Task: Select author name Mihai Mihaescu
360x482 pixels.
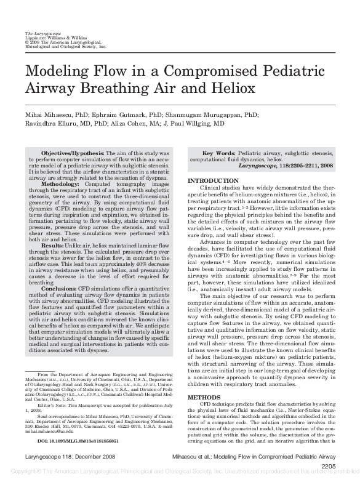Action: [49, 114]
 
